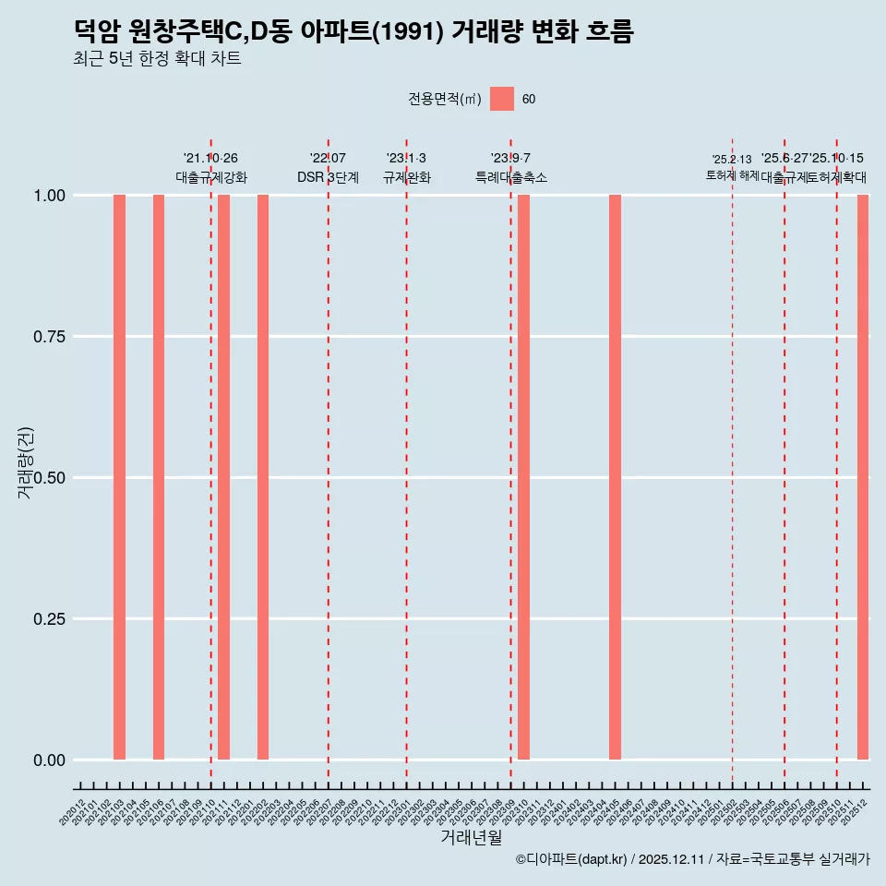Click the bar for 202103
click(119, 477)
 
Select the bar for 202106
click(159, 477)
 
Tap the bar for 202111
click(223, 477)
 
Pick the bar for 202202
click(263, 477)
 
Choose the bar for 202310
click(523, 477)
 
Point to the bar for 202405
click(615, 477)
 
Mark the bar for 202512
click(863, 477)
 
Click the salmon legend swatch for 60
click(502, 99)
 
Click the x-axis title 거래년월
click(472, 838)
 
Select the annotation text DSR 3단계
click(328, 177)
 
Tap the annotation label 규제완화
click(406, 177)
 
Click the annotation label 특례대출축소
click(511, 177)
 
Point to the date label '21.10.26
click(210, 159)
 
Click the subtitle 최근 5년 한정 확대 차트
click(157, 59)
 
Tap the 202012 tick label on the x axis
click(73, 813)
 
